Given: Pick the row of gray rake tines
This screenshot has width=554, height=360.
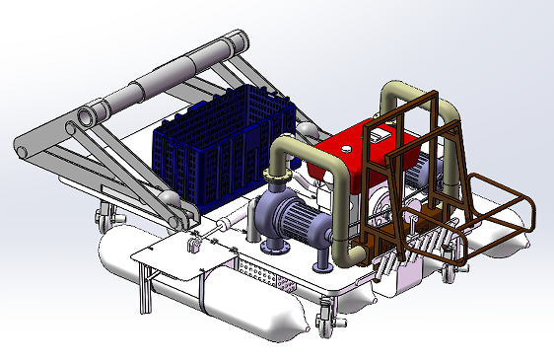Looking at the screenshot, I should [x=424, y=247].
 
